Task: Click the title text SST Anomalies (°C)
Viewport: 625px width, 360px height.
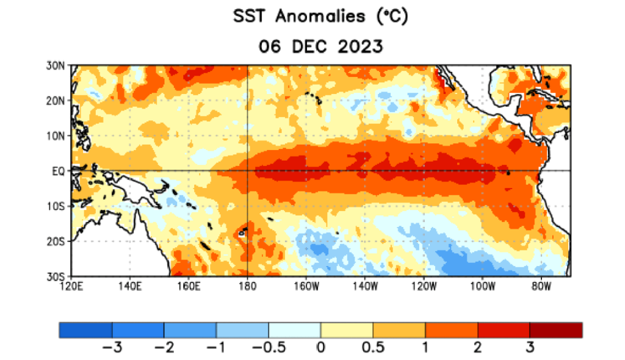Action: click(320, 16)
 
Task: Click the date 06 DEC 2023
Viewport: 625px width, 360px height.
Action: click(320, 46)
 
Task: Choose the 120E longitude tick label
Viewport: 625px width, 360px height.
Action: click(71, 286)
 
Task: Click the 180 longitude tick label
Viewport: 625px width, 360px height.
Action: click(247, 286)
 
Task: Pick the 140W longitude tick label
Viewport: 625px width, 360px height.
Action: click(364, 286)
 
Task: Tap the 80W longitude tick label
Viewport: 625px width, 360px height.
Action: click(541, 286)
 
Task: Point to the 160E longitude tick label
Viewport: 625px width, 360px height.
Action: click(189, 286)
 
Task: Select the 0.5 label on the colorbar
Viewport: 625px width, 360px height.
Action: click(373, 348)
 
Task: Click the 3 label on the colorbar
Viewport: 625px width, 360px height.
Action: click(530, 348)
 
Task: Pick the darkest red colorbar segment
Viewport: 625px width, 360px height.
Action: click(555, 330)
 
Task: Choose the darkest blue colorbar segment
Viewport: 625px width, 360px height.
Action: click(85, 330)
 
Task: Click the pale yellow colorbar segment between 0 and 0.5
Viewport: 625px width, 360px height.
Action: click(347, 330)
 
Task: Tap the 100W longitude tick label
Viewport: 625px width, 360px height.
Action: click(482, 286)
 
